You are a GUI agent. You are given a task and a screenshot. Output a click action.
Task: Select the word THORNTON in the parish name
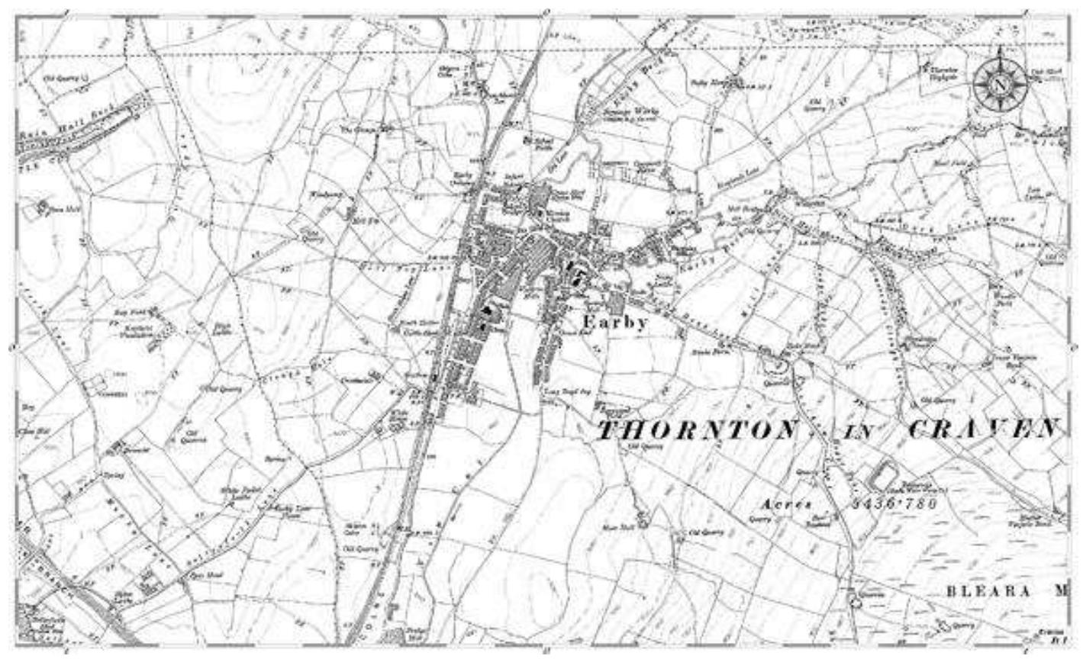pos(696,430)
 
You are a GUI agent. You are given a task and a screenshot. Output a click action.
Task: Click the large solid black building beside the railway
pos(485,313)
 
